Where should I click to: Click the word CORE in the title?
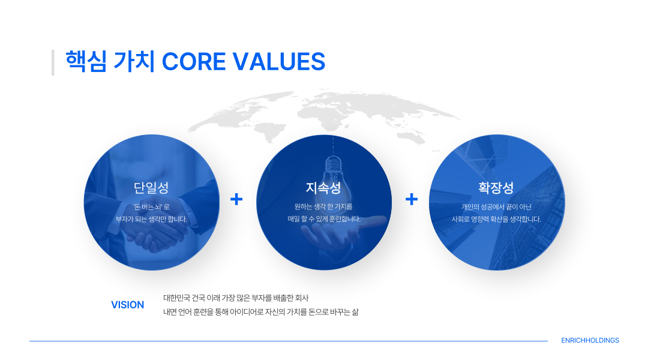click(193, 62)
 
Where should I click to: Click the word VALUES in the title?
click(279, 62)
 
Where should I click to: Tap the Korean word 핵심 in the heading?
click(86, 62)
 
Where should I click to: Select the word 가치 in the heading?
click(134, 62)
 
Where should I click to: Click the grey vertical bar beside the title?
click(53, 62)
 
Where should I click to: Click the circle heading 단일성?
click(151, 188)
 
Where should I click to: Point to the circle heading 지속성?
click(323, 188)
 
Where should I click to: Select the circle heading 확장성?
click(496, 188)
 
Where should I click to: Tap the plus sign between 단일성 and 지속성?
click(236, 199)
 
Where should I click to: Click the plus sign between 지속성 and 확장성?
click(412, 199)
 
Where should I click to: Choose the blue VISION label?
click(128, 305)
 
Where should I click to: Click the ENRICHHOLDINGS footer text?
click(590, 341)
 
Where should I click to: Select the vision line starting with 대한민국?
click(236, 298)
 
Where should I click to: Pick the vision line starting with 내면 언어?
click(261, 312)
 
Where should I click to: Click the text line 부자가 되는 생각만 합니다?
click(151, 219)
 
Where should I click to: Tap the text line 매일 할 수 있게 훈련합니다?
click(324, 219)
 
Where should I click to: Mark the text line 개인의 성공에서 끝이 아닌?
click(496, 206)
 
